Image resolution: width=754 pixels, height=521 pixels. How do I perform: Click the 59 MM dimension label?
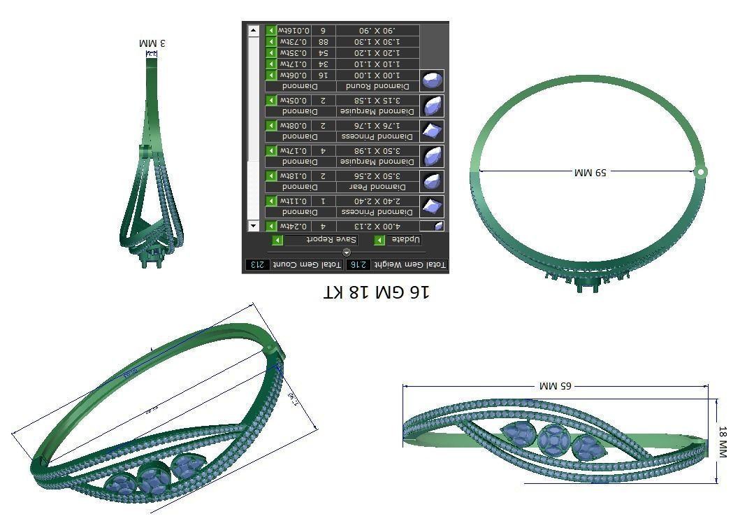point(590,171)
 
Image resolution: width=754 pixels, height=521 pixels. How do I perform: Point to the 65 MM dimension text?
point(556,385)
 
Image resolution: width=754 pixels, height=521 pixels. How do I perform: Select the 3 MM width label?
point(152,43)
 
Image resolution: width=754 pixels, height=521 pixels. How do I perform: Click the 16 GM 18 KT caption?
point(377,292)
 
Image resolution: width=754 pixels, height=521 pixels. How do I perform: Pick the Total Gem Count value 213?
point(256,265)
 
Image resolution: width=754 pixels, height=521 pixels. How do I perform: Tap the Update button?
point(404,240)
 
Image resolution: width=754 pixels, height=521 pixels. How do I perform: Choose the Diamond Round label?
point(377,86)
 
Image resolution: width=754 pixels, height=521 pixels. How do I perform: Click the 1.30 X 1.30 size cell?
point(377,42)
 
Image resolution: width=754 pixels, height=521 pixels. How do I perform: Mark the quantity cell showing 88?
point(323,42)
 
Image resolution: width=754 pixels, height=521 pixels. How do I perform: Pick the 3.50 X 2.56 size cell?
point(377,176)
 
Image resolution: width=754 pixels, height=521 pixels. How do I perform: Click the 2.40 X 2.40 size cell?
point(377,201)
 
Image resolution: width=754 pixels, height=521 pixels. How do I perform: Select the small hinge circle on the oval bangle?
point(701,171)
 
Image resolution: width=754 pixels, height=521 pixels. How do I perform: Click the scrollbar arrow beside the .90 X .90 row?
point(254,31)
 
